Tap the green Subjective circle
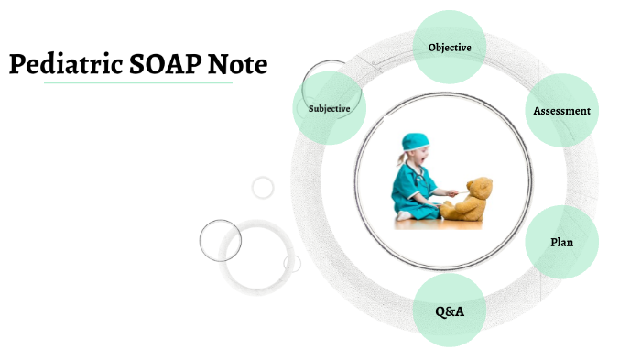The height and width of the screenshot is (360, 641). tap(330, 109)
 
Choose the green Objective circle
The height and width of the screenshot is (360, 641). tap(449, 47)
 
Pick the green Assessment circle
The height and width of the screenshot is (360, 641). tap(561, 111)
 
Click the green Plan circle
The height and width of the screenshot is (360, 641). tap(561, 243)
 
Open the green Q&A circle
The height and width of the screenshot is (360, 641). tap(449, 311)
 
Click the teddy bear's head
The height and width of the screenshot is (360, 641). tap(478, 191)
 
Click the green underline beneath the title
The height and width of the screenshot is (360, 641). tap(137, 83)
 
